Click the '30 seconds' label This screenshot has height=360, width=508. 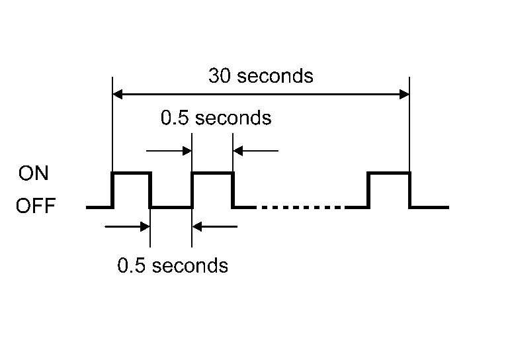[261, 76]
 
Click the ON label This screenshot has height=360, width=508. [33, 173]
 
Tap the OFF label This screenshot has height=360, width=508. [36, 206]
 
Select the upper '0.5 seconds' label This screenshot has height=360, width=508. [216, 117]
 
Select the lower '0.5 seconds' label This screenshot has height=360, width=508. [173, 265]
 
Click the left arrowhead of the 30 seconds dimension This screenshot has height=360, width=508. [118, 95]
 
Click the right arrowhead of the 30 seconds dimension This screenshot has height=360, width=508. [404, 95]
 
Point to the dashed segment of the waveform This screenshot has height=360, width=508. [301, 207]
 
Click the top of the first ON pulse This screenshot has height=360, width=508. [131, 173]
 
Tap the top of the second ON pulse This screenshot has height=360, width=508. [212, 173]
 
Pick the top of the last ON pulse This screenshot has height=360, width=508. [389, 173]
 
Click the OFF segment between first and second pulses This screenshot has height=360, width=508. [171, 207]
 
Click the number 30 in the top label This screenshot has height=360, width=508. [220, 76]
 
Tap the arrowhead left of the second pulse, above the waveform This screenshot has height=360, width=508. [187, 151]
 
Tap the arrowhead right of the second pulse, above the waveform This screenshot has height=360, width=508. [238, 151]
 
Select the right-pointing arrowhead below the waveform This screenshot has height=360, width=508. [145, 226]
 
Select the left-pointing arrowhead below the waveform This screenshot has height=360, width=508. [196, 226]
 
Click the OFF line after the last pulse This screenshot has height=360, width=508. [429, 207]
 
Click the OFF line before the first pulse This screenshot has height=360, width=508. [99, 207]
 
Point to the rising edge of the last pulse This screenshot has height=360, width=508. [368, 190]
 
